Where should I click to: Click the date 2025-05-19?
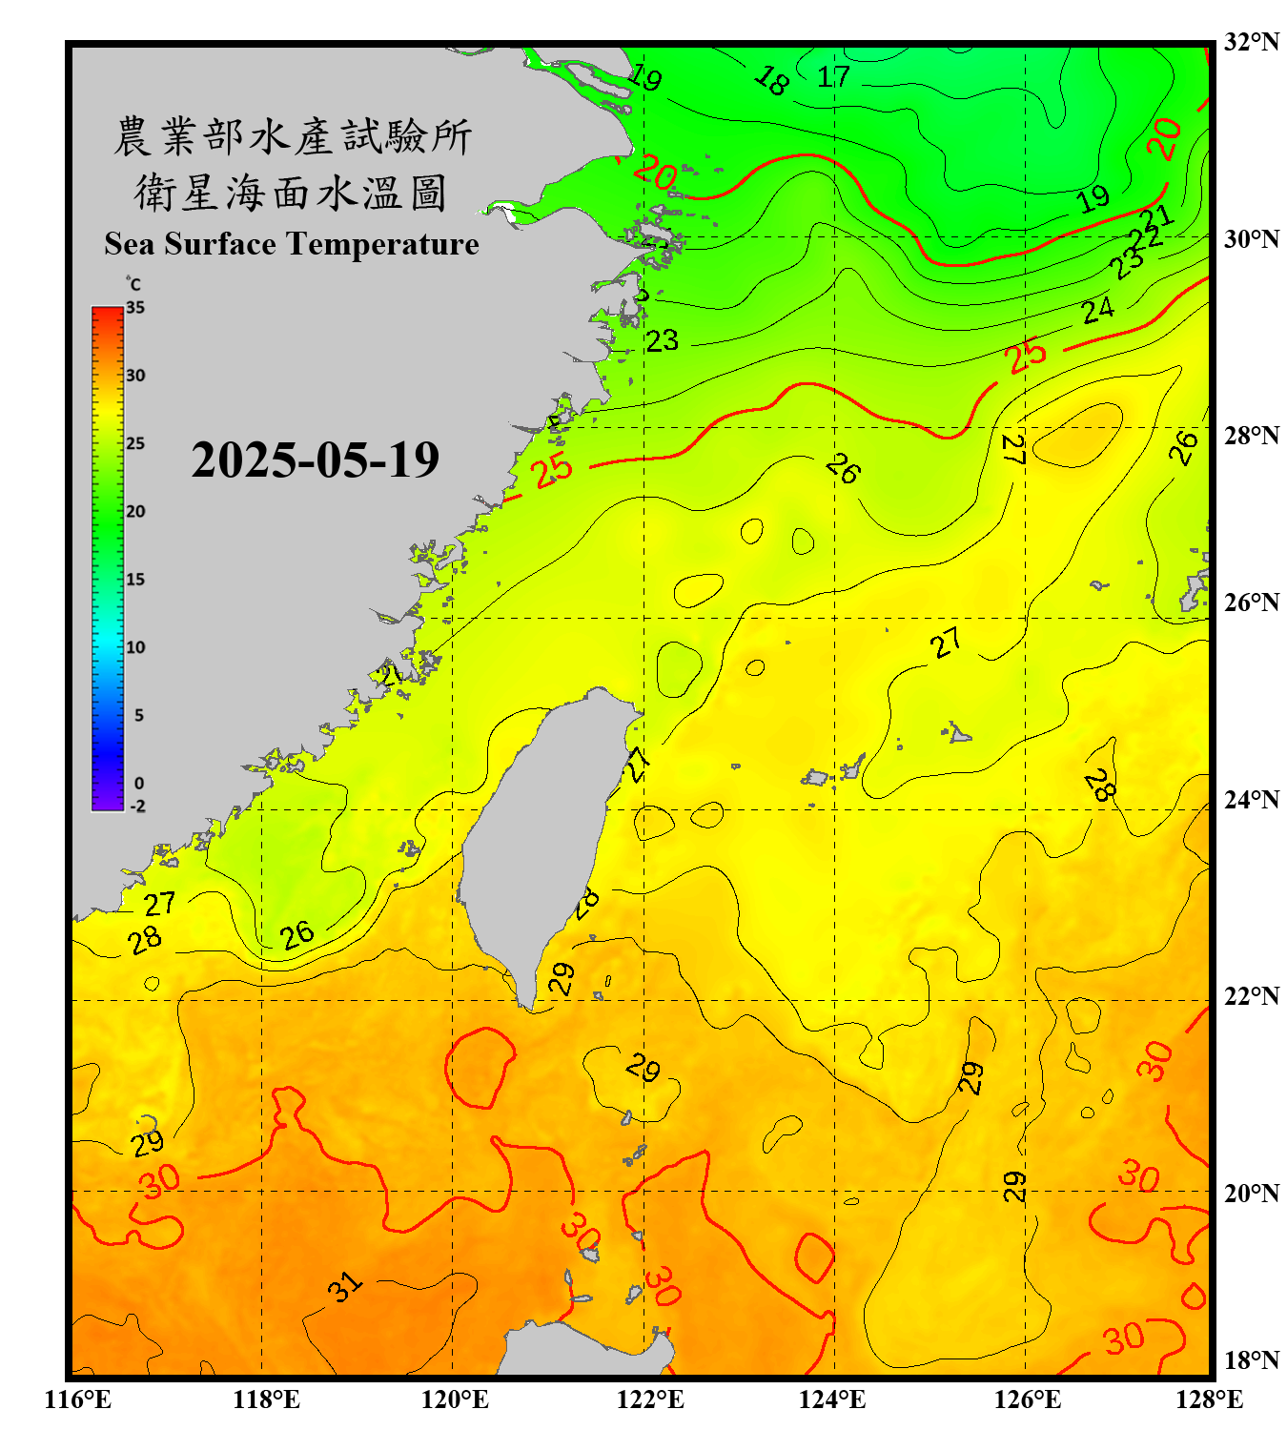coord(315,460)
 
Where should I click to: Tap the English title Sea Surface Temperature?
coord(292,244)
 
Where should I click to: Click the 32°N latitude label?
coord(1251,42)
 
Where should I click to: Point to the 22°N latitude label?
coord(1251,996)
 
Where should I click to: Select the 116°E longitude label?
coord(78,1399)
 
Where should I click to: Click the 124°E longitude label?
coord(832,1399)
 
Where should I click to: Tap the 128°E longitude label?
coord(1209,1399)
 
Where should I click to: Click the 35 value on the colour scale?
coord(135,308)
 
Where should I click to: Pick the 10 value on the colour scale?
coord(135,647)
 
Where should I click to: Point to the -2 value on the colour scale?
coord(137,807)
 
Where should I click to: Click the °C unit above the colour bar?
coord(133,284)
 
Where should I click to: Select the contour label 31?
coord(345,1287)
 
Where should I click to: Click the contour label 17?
coord(833,76)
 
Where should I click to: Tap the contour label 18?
coord(771,80)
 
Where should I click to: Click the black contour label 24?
coord(1097,310)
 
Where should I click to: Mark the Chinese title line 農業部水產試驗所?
coord(292,136)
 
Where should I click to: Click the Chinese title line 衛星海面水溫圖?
coord(292,193)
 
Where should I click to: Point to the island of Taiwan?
coord(539,839)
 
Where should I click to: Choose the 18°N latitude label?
coord(1251,1360)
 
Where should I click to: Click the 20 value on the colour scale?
coord(135,512)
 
